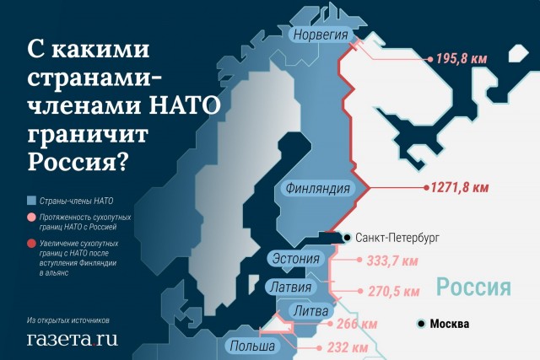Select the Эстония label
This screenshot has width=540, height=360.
295,258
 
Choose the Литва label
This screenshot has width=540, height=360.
309,312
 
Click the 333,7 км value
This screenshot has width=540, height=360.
393,261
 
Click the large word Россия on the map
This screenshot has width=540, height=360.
474,287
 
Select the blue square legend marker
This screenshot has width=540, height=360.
31,201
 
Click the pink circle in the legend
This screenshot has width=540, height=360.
31,218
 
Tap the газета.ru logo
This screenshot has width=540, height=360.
72,339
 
